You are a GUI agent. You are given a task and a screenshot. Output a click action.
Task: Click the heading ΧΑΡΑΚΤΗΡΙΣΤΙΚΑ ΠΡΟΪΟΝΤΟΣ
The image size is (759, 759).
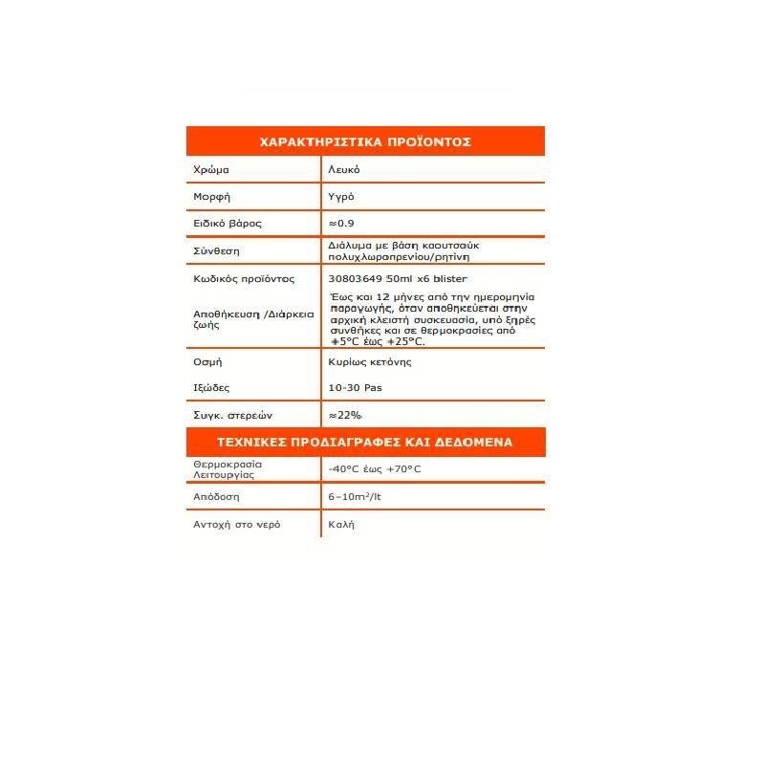pyautogui.click(x=365, y=141)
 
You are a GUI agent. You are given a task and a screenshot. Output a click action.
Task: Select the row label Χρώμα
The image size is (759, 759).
pyautogui.click(x=210, y=169)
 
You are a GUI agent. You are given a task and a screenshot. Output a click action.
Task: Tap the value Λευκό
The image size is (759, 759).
pyautogui.click(x=344, y=169)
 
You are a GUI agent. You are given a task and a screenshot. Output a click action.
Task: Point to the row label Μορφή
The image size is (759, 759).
pyautogui.click(x=212, y=196)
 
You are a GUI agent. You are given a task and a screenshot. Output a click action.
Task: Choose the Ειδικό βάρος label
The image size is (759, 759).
pyautogui.click(x=227, y=223)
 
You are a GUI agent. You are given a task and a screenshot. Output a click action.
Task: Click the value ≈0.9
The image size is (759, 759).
pyautogui.click(x=341, y=223)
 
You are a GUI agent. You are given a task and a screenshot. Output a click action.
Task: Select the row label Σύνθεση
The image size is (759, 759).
pyautogui.click(x=215, y=251)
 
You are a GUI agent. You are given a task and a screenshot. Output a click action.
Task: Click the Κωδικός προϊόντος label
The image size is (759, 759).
pyautogui.click(x=244, y=279)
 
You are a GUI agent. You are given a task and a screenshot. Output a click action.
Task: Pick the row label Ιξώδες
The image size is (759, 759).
pyautogui.click(x=211, y=388)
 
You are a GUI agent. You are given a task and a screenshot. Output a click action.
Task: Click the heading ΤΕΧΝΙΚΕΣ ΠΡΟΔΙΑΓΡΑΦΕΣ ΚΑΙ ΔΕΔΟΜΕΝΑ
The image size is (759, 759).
pyautogui.click(x=365, y=443)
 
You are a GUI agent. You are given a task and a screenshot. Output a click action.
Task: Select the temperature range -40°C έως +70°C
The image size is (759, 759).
pyautogui.click(x=374, y=469)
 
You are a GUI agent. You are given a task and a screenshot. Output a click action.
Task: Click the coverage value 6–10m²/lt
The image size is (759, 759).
pyautogui.click(x=355, y=497)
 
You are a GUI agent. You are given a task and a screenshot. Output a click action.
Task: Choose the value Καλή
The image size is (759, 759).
pyautogui.click(x=341, y=525)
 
